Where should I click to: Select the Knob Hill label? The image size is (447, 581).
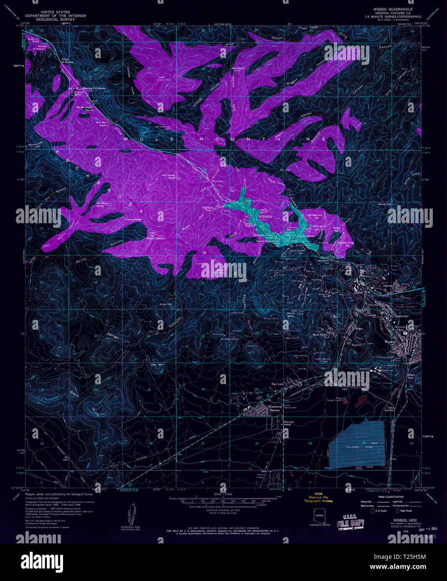(x=166, y=304)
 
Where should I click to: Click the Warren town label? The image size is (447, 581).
(x=390, y=341)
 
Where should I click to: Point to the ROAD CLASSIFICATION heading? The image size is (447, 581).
(x=384, y=496)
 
